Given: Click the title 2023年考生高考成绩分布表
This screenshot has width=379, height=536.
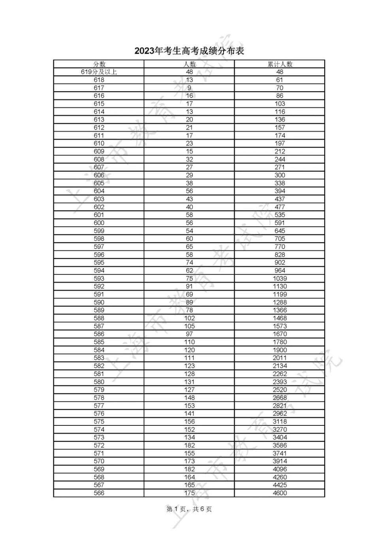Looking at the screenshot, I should [x=189, y=51].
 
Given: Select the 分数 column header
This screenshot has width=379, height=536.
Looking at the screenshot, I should [x=99, y=64].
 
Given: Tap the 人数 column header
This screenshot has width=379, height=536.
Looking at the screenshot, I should [x=189, y=64].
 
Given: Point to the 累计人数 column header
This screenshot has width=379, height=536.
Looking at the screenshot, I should [x=280, y=64].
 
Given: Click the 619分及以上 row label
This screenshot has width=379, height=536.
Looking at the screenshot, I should [x=99, y=72].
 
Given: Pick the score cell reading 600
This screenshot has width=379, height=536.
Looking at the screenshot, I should [x=99, y=223].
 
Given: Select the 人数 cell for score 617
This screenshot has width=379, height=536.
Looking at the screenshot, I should [x=189, y=88].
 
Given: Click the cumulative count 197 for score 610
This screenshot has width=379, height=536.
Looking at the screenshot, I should [x=280, y=143].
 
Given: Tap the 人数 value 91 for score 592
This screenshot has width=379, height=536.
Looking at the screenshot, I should [x=189, y=286].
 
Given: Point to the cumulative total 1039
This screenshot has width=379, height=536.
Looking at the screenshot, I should [x=280, y=278].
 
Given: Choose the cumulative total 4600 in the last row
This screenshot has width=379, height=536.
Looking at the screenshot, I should [x=280, y=493].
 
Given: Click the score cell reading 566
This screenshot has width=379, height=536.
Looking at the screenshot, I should [x=99, y=493].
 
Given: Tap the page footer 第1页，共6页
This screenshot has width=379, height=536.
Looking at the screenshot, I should [x=189, y=509].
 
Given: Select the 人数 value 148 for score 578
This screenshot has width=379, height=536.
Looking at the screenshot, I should [x=189, y=398].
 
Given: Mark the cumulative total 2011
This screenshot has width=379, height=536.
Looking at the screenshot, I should [x=280, y=358].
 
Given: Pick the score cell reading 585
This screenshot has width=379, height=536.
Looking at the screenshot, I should [x=99, y=342].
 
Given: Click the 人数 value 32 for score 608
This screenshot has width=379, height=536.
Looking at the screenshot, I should [x=189, y=159].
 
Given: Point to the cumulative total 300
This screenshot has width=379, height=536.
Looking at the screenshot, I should [x=280, y=175].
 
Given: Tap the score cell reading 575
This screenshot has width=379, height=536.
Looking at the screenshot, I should [x=99, y=421].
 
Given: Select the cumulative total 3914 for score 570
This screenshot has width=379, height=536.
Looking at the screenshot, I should [x=280, y=461].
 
